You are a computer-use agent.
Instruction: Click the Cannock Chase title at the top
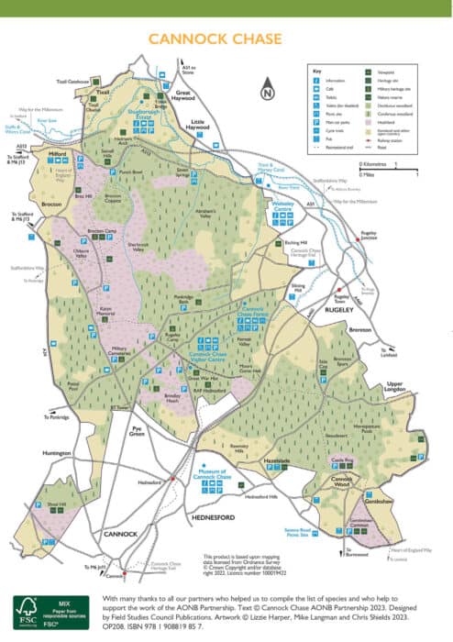(226, 41)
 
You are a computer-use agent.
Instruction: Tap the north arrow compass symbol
(266, 91)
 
